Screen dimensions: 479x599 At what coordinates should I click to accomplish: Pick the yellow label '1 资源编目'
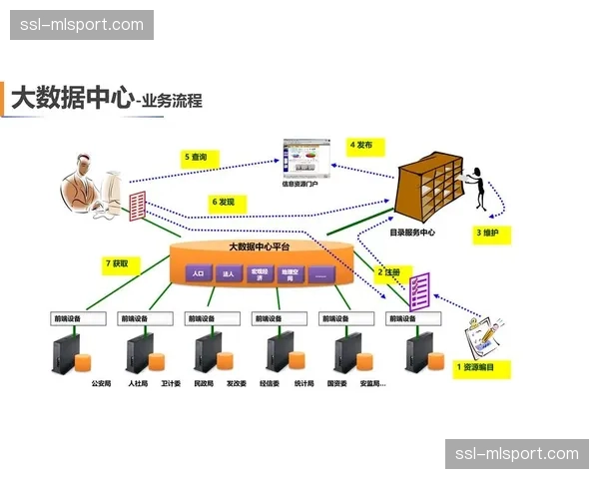481,367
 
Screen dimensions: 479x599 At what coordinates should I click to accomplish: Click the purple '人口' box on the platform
198,272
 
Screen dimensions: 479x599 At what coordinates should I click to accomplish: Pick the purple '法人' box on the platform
229,272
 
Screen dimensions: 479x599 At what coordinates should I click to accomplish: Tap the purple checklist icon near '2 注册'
419,290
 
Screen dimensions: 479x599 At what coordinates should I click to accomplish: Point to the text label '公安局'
101,383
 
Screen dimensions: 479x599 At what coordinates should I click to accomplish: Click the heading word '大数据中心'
71,98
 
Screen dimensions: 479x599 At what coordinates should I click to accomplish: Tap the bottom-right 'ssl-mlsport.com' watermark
515,454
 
